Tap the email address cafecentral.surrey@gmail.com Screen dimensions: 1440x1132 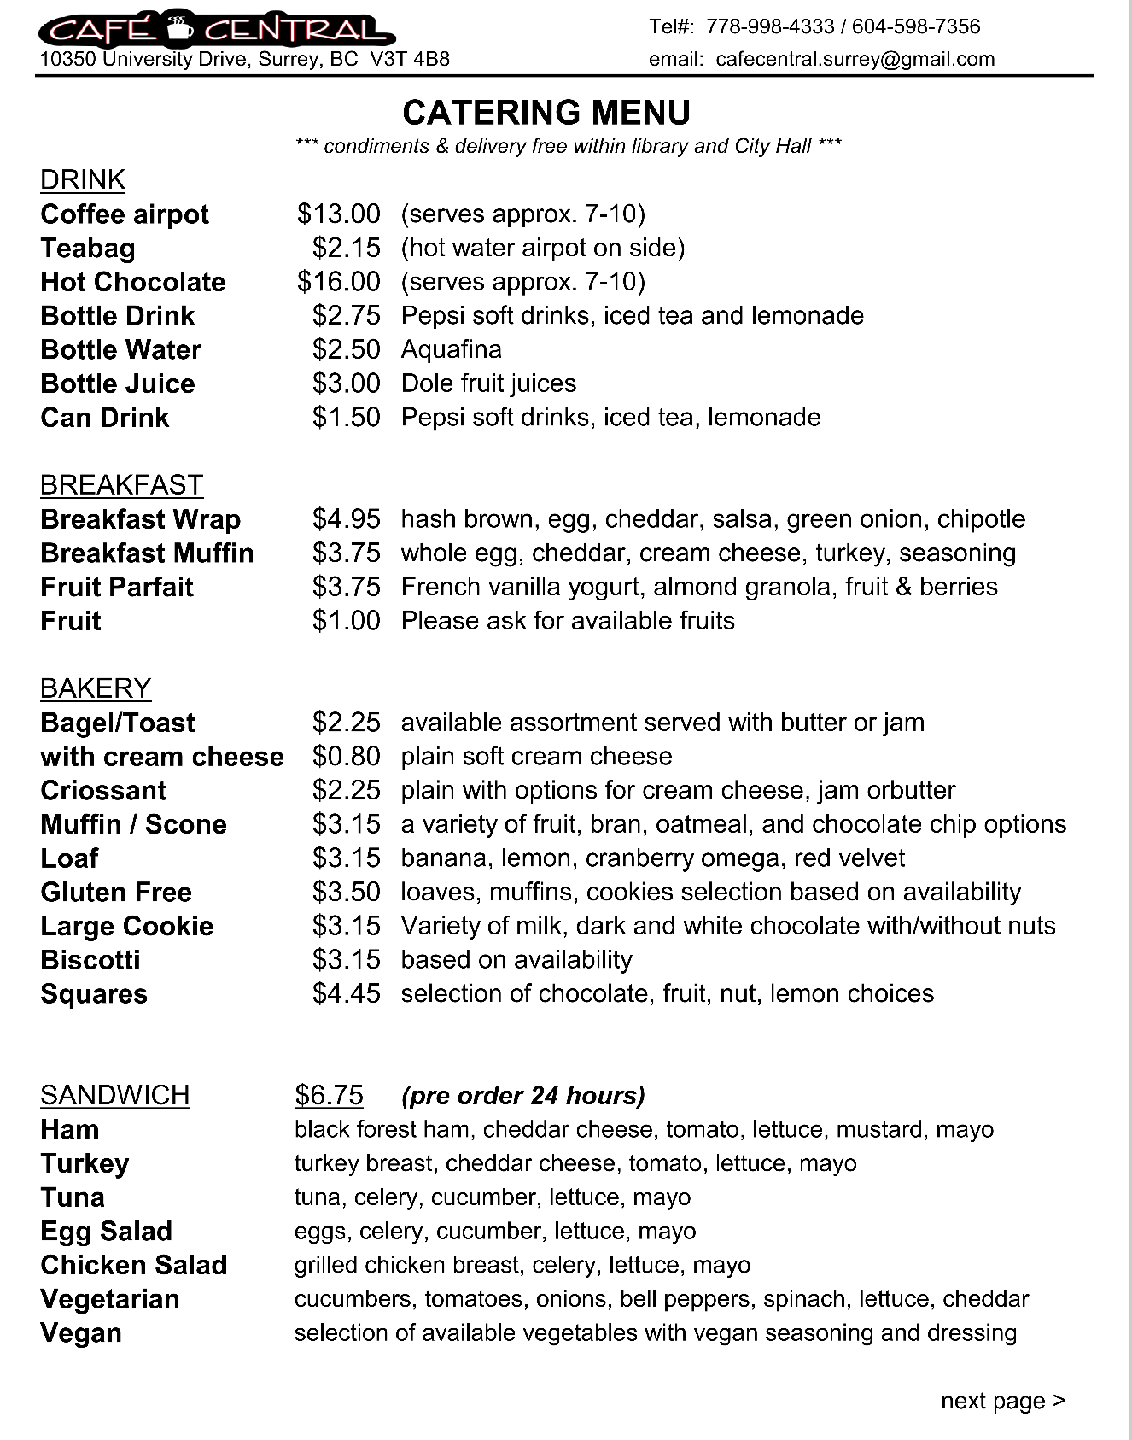pyautogui.click(x=855, y=59)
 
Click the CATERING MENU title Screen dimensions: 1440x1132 pyautogui.click(x=546, y=113)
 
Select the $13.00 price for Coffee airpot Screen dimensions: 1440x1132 pyautogui.click(x=338, y=214)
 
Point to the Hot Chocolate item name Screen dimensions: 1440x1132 pyautogui.click(x=133, y=282)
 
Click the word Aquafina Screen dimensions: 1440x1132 pyautogui.click(x=451, y=349)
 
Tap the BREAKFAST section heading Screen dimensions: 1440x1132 pyautogui.click(x=121, y=484)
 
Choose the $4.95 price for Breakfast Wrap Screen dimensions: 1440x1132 pyautogui.click(x=346, y=518)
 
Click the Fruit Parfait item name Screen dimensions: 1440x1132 pyautogui.click(x=117, y=587)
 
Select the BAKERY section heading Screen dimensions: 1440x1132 pyautogui.click(x=96, y=688)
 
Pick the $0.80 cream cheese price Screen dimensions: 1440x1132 pyautogui.click(x=346, y=756)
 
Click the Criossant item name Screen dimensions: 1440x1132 pyautogui.click(x=103, y=790)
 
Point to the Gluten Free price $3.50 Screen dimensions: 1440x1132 pyautogui.click(x=346, y=892)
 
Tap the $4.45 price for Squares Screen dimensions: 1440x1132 pyautogui.click(x=346, y=993)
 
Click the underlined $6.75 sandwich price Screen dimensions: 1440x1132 pyautogui.click(x=329, y=1095)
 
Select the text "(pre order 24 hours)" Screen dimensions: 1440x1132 pyautogui.click(x=523, y=1095)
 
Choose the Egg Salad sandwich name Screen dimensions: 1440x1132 pyautogui.click(x=106, y=1231)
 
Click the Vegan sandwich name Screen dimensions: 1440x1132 pyautogui.click(x=81, y=1332)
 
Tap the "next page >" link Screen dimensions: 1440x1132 pyautogui.click(x=1003, y=1401)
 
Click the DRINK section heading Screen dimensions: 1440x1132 pyautogui.click(x=83, y=179)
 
